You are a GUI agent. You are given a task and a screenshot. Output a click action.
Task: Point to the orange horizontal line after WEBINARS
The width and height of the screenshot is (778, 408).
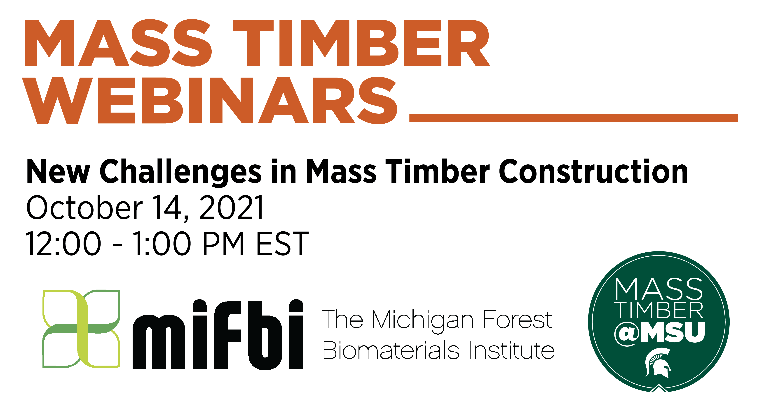click(x=573, y=118)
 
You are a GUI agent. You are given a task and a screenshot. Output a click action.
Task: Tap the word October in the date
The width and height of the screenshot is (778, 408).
click(x=84, y=208)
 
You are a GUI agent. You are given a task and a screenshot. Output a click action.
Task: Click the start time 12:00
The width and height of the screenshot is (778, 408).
click(x=63, y=244)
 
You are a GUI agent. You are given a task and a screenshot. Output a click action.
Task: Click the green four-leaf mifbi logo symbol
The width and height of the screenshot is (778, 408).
click(x=81, y=329)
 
